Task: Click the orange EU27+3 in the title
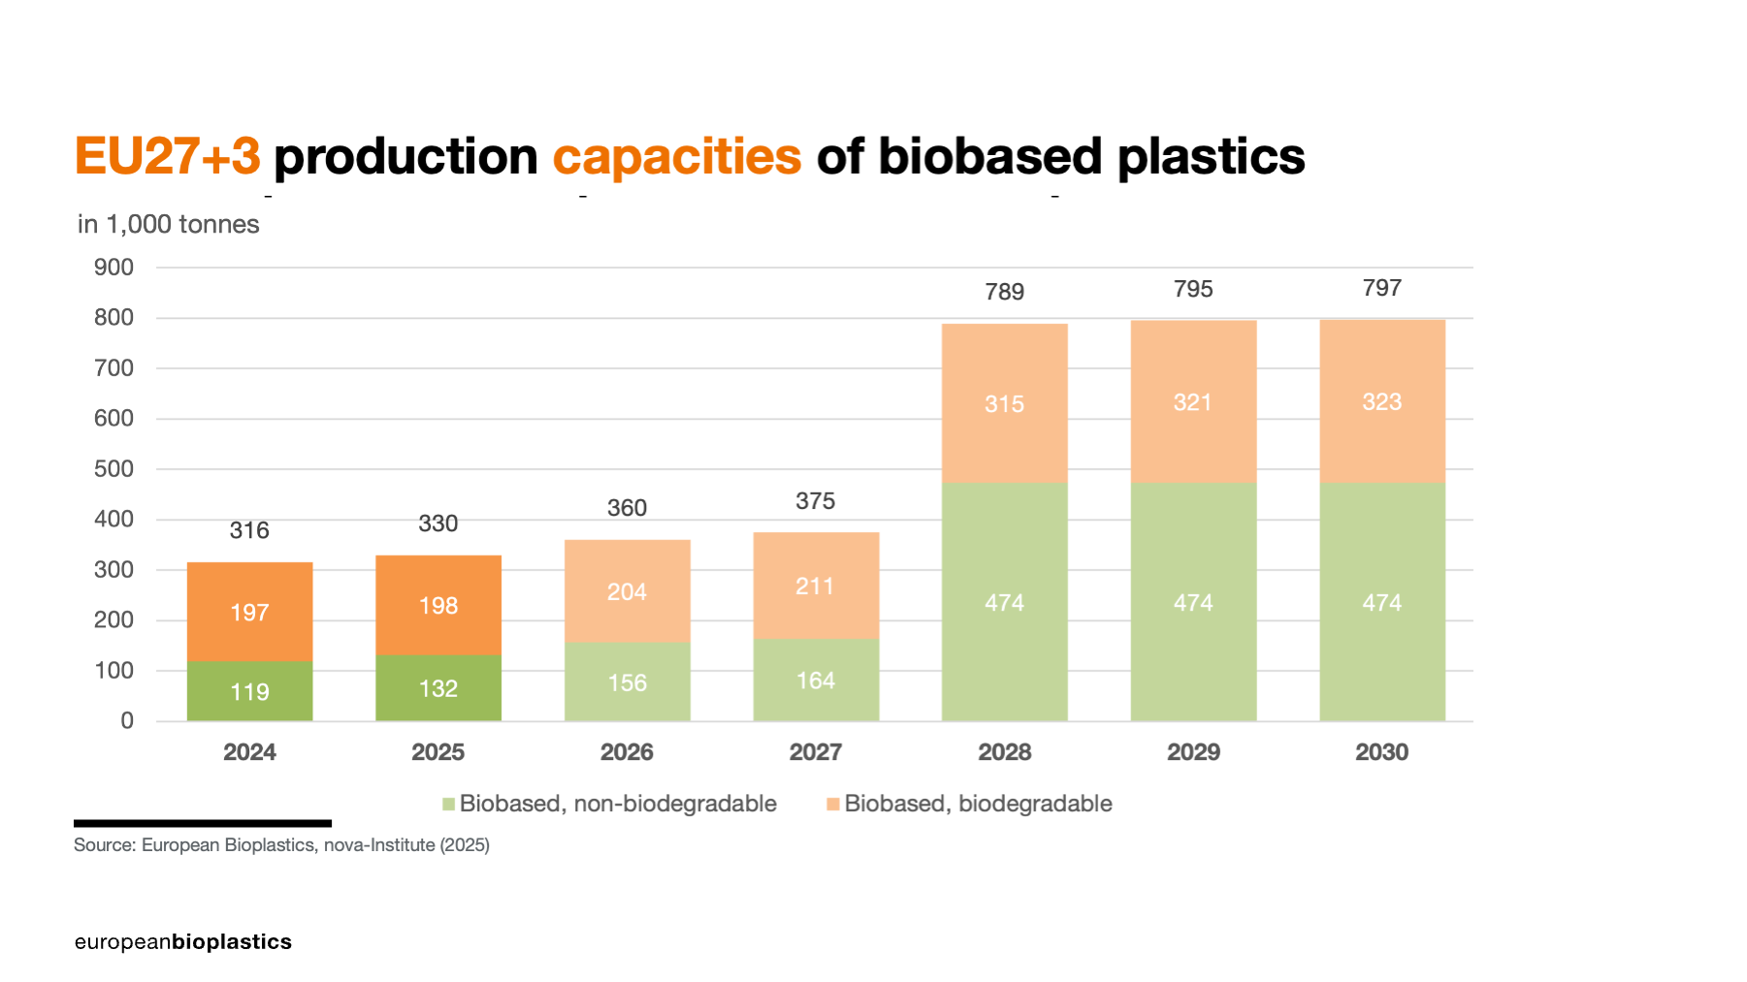[x=167, y=156]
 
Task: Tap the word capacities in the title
[x=676, y=156]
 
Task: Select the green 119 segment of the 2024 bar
[x=249, y=691]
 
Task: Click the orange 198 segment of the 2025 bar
[x=438, y=606]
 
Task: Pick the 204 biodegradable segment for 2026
[x=627, y=591]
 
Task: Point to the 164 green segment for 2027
[x=816, y=681]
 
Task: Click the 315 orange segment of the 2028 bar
[x=1004, y=403]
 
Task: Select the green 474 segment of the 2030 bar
[x=1381, y=602]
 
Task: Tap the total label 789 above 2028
[x=1004, y=292]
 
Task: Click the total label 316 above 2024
[x=249, y=530]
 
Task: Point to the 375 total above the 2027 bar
[x=815, y=501]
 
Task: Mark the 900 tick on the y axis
[x=113, y=268]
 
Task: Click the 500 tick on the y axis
[x=113, y=469]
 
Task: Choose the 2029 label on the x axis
[x=1193, y=752]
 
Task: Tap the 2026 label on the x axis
[x=627, y=752]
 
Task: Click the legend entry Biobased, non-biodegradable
[x=617, y=804]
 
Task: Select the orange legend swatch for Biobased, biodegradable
[x=832, y=804]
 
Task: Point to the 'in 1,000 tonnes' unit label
[x=168, y=224]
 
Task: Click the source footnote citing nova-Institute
[x=281, y=845]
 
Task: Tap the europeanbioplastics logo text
[x=182, y=942]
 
